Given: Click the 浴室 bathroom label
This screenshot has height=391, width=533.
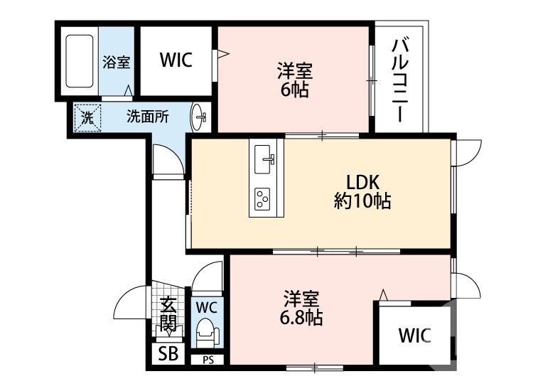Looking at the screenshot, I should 117,62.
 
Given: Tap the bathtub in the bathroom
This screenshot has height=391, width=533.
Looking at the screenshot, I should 80,61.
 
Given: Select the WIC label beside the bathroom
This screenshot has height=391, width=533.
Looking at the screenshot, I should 176,61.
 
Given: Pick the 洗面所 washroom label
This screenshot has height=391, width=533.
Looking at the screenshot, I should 147,117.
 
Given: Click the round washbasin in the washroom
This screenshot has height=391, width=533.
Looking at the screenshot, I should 198,116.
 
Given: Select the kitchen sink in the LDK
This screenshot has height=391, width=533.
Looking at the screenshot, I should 265,158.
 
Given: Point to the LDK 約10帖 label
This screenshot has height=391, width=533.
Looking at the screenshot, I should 362,191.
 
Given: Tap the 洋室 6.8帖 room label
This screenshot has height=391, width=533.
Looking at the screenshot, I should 304,307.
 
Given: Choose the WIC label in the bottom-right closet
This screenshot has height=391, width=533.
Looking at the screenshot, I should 414,334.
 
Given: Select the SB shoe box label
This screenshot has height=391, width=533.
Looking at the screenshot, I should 168,353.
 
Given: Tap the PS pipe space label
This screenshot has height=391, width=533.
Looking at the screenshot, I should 208,360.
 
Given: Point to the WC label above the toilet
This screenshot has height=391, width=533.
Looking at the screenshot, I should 206,308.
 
